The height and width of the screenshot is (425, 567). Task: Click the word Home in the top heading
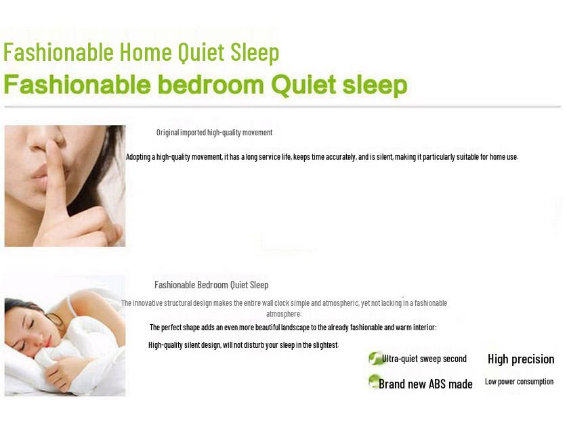[146, 52]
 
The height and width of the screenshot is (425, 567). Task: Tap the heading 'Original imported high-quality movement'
[214, 133]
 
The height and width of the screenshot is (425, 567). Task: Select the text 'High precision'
[521, 359]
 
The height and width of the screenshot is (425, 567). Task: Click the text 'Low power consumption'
[519, 382]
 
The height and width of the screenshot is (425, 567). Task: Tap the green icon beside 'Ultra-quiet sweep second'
[375, 358]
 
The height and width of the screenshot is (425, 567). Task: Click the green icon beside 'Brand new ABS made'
[373, 381]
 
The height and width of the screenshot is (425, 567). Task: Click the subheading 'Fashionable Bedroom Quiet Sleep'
[211, 285]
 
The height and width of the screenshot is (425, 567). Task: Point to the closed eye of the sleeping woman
[31, 323]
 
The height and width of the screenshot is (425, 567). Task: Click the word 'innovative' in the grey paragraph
[148, 303]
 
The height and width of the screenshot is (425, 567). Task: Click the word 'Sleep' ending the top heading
[255, 52]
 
